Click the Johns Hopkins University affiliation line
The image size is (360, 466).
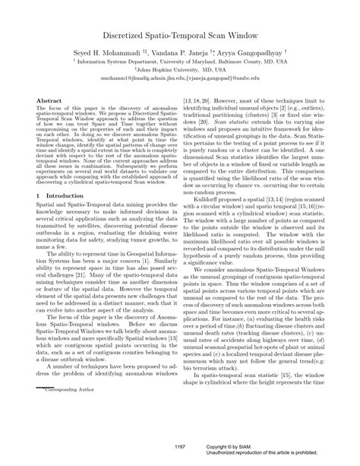tap(179, 76)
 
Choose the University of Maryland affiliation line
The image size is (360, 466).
tap(179, 66)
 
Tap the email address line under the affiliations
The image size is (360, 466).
tap(179, 86)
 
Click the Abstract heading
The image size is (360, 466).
tap(49, 100)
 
